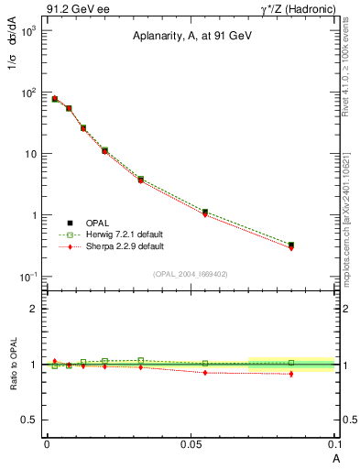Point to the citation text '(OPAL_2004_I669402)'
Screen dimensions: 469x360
point(191,273)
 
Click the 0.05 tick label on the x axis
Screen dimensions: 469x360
point(190,443)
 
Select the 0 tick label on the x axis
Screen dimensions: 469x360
point(47,443)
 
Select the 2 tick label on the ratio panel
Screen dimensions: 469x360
point(34,309)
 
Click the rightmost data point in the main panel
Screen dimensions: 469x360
point(291,245)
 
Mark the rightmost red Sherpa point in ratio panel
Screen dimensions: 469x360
point(291,374)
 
